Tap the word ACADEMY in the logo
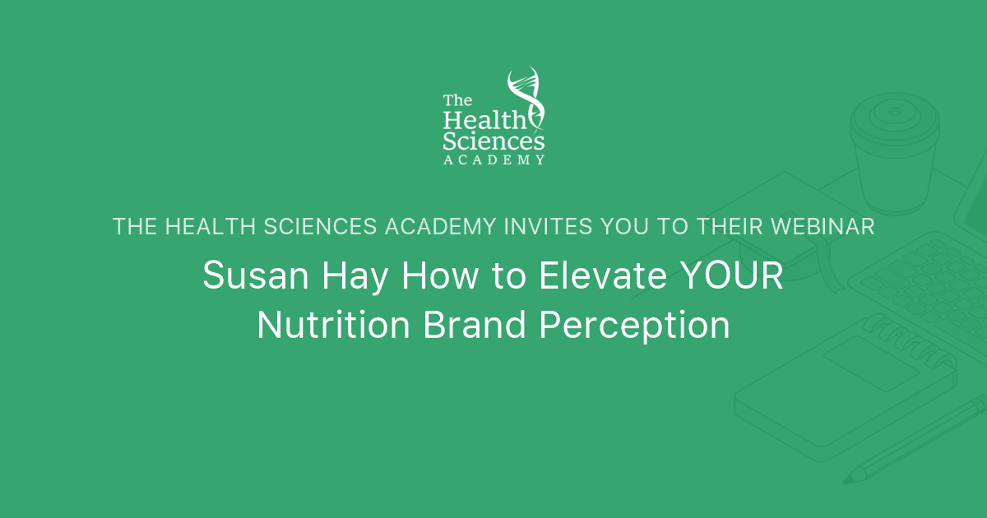(x=493, y=160)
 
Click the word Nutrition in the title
(x=333, y=326)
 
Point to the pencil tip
(x=856, y=474)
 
